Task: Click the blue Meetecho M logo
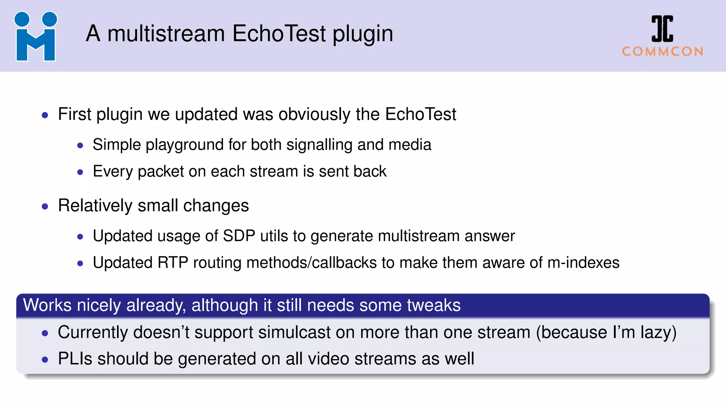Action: pos(35,36)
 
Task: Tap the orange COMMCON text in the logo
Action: pos(663,52)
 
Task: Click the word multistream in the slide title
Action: pos(166,34)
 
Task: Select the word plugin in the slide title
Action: pos(363,34)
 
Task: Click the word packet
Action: pos(161,171)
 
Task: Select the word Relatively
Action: pos(95,205)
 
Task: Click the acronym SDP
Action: pos(239,236)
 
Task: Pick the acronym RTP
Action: pos(173,263)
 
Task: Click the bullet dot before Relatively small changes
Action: pos(45,206)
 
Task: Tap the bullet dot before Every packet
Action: pos(80,172)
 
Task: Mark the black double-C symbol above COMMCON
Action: pos(662,29)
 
